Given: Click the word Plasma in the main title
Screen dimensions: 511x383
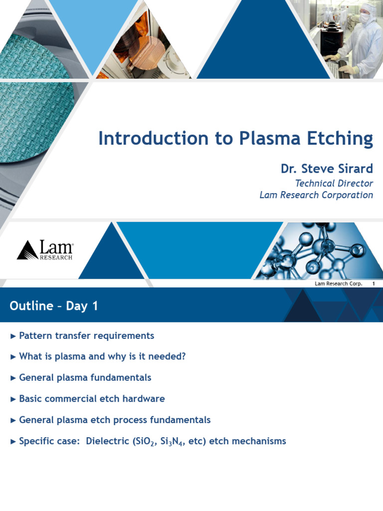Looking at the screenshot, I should [x=264, y=138].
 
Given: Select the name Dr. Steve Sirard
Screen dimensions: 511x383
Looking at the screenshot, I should [x=327, y=169].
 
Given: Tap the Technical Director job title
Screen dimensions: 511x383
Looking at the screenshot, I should [x=334, y=183].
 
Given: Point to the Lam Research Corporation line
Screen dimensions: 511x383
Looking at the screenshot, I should [x=316, y=195].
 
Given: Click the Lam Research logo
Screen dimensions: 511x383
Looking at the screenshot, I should [x=45, y=250].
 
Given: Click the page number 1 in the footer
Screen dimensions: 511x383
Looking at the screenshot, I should [x=373, y=284].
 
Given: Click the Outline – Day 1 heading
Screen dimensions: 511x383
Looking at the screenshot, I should [x=54, y=306].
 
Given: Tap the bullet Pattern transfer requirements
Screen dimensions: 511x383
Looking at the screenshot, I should [x=86, y=336].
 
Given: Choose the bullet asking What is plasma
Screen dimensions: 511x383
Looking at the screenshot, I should [x=102, y=357].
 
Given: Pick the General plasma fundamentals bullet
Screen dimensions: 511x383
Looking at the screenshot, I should [x=85, y=378].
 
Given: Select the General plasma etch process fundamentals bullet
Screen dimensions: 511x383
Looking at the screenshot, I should [x=115, y=420].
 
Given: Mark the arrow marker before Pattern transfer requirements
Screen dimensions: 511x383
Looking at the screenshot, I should [x=13, y=336].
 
